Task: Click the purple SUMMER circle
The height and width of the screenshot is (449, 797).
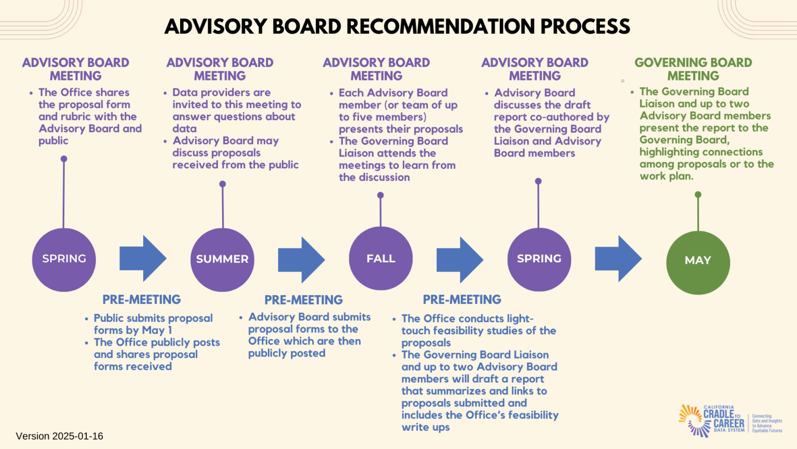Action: tap(222, 259)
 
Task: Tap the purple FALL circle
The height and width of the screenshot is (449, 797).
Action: tap(380, 258)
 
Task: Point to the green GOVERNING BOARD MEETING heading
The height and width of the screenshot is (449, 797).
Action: tap(693, 69)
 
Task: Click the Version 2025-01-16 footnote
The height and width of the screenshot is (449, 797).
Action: tap(60, 436)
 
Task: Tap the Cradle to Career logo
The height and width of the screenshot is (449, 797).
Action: tap(729, 420)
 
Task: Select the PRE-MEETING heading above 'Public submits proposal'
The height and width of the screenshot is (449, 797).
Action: tap(141, 299)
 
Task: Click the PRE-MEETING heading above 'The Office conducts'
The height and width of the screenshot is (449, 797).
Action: tap(462, 299)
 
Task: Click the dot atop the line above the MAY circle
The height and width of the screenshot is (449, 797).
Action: tap(698, 194)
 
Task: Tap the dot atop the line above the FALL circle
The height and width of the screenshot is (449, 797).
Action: tap(380, 195)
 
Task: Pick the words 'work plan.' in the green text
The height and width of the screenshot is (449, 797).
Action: tap(666, 176)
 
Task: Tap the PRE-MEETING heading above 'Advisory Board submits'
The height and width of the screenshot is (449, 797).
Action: tap(304, 300)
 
